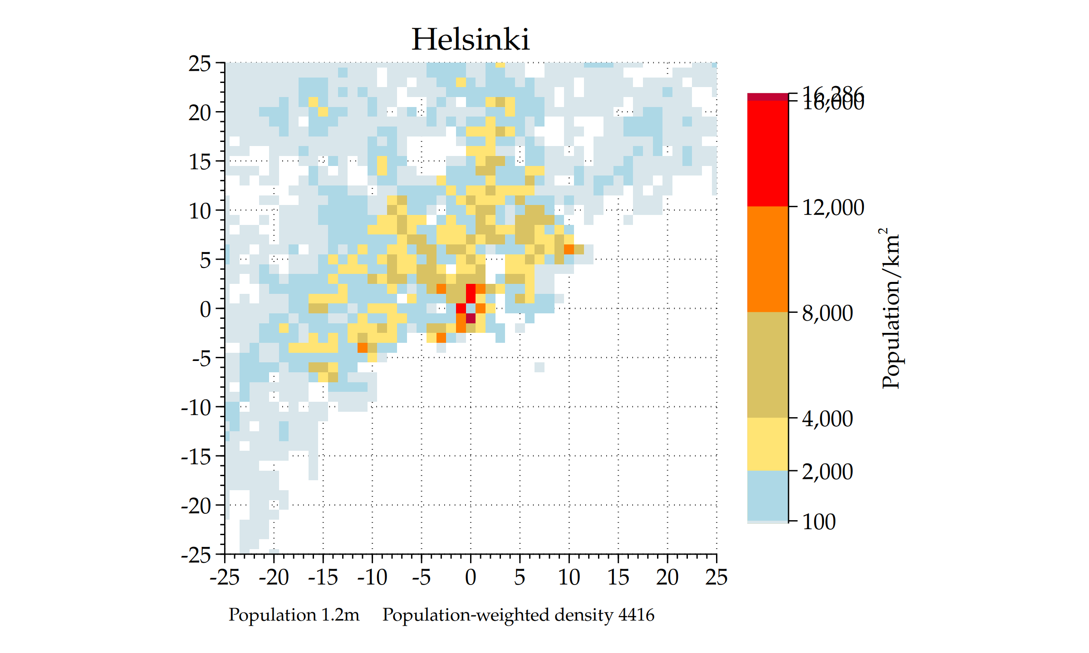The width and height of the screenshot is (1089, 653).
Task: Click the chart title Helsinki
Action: [x=470, y=39]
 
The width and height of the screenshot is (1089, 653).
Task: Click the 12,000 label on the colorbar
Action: [x=833, y=208]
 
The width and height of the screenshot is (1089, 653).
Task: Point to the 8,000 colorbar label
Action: [x=827, y=313]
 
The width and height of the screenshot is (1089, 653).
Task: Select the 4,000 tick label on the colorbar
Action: [x=827, y=419]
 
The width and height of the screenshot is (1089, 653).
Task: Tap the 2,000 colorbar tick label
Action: [x=827, y=472]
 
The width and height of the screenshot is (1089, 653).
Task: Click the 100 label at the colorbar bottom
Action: [x=819, y=522]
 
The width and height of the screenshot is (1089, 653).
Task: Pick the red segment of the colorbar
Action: [x=767, y=153]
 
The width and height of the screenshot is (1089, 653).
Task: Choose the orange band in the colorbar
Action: [x=767, y=259]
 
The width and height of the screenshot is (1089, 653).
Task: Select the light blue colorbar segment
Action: [x=767, y=496]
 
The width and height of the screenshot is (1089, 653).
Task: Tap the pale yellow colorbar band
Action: [x=767, y=444]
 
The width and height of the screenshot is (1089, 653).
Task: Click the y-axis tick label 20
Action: [x=200, y=113]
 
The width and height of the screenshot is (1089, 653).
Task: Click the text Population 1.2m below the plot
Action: [x=294, y=615]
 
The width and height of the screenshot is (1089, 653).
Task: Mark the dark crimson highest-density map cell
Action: [x=471, y=318]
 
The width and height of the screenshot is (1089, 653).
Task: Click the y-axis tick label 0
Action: [x=206, y=310]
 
